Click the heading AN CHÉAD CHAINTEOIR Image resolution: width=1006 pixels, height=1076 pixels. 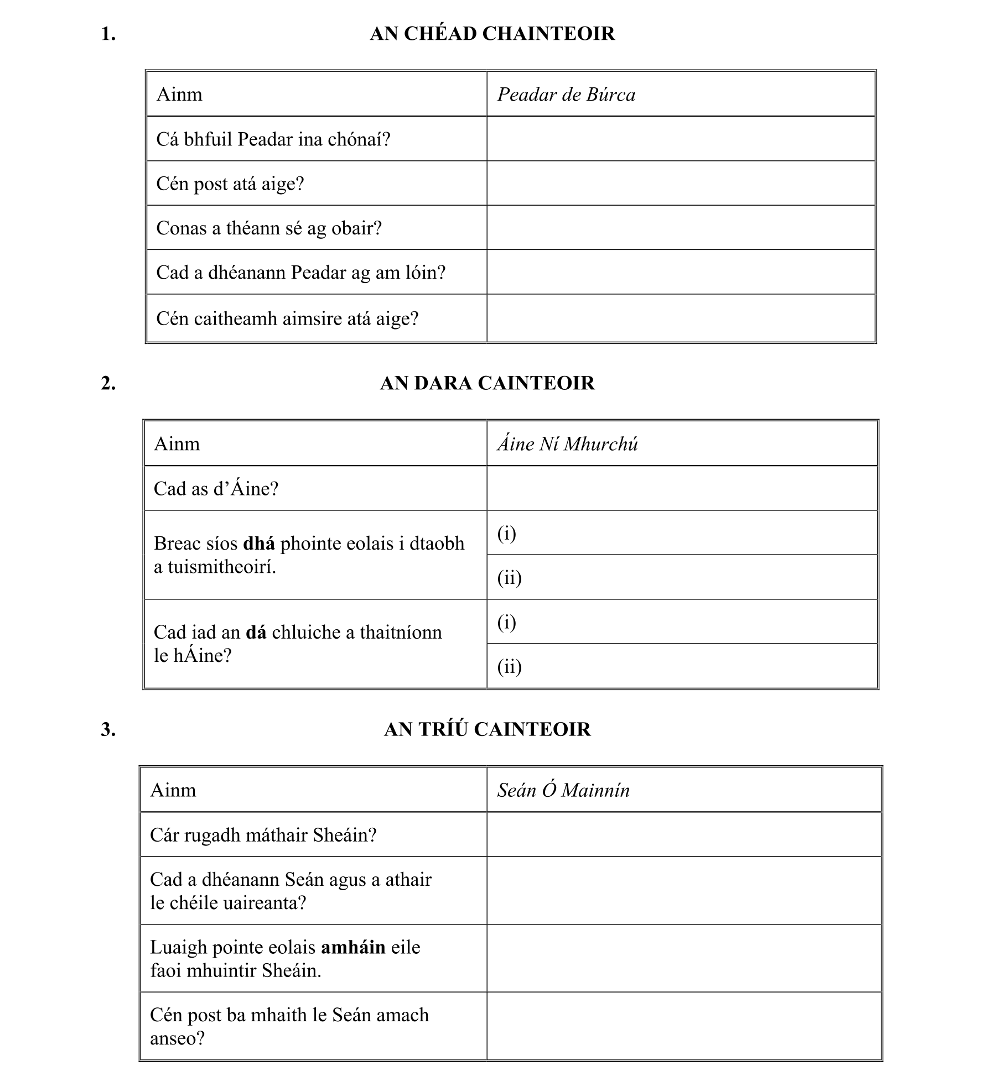492,34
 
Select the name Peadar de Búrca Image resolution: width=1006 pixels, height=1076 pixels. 566,95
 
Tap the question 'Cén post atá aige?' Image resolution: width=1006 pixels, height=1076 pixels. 230,184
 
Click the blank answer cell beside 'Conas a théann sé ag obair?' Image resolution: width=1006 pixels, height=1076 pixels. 681,228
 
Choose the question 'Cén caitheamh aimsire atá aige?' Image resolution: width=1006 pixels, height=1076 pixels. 287,318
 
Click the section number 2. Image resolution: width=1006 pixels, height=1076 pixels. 108,383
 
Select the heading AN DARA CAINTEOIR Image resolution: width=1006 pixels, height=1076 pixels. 487,383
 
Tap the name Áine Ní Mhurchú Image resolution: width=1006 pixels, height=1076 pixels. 567,444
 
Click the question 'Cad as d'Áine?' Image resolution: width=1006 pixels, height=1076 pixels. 216,489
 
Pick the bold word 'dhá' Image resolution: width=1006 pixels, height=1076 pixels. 259,544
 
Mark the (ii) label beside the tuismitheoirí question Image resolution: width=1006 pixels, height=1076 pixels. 509,578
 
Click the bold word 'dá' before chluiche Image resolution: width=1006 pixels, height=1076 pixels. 256,632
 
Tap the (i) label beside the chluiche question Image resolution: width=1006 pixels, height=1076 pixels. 506,623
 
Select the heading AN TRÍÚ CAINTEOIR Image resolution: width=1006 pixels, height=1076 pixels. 487,729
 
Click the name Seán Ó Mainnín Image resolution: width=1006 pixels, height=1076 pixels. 563,790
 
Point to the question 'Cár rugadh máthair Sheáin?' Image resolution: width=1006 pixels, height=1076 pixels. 263,835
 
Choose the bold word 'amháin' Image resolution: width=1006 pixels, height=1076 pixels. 353,947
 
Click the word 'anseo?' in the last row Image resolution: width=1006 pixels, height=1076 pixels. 177,1038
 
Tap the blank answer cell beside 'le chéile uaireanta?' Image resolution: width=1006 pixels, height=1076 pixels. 683,891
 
